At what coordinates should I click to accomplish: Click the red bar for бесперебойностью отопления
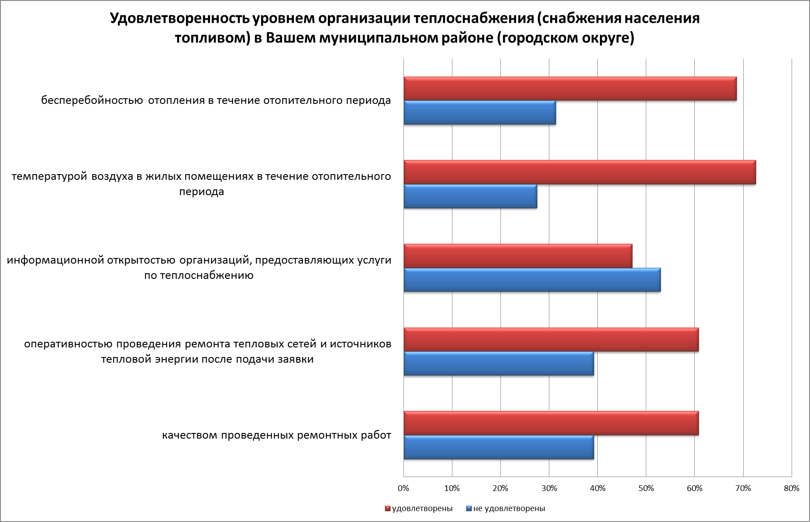pyautogui.click(x=570, y=89)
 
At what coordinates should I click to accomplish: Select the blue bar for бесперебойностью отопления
pyautogui.click(x=479, y=113)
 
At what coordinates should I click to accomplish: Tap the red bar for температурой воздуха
pyautogui.click(x=579, y=172)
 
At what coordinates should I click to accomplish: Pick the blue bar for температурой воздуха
pyautogui.click(x=470, y=196)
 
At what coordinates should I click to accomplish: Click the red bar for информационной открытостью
pyautogui.click(x=518, y=256)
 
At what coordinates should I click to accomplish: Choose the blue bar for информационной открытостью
pyautogui.click(x=532, y=280)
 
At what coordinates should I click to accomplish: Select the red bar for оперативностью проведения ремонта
pyautogui.click(x=551, y=340)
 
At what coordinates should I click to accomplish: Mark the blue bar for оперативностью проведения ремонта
pyautogui.click(x=499, y=364)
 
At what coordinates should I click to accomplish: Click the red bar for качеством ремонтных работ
pyautogui.click(x=551, y=423)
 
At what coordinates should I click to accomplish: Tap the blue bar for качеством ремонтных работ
pyautogui.click(x=499, y=447)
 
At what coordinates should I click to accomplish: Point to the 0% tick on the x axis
pyautogui.click(x=403, y=488)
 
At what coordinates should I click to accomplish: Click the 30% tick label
pyautogui.click(x=549, y=488)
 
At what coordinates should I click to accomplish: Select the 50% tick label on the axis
pyautogui.click(x=646, y=488)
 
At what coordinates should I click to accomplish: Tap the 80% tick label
pyautogui.click(x=791, y=488)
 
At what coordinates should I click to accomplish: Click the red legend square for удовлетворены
pyautogui.click(x=387, y=508)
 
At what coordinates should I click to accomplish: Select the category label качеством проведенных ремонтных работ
pyautogui.click(x=276, y=436)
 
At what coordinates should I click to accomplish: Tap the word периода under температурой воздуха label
pyautogui.click(x=201, y=192)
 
